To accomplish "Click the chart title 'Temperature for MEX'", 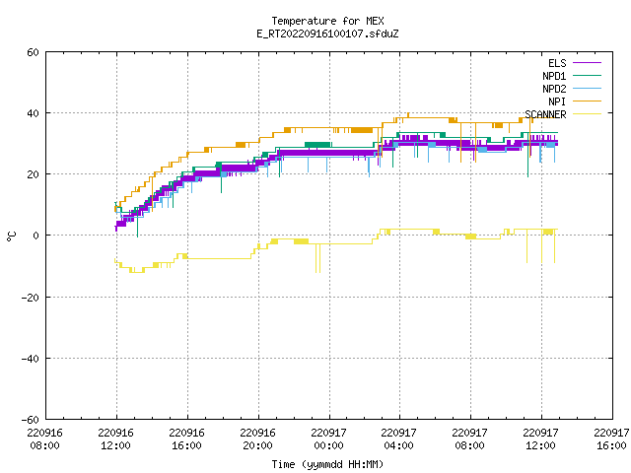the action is point(327,21).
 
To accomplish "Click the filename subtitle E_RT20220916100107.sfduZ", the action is point(327,34).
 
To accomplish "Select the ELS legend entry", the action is point(575,63).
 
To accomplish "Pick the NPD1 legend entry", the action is point(572,76).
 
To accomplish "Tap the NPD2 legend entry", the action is point(572,89).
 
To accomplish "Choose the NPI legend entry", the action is point(575,101).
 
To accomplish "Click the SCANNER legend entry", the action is point(563,114).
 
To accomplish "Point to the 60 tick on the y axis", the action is point(33,52).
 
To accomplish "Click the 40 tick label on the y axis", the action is point(33,113).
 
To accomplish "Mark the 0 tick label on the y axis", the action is point(36,236).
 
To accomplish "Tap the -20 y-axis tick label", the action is point(31,298).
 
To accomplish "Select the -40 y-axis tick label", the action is point(31,359).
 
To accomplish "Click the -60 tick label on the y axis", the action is point(31,420).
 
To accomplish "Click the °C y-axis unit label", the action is point(11,236).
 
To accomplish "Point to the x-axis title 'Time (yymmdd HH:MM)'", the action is point(327,464).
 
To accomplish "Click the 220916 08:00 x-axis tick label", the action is point(44,439).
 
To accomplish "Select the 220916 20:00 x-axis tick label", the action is point(257,439).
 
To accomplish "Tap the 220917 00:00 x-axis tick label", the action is point(328,439).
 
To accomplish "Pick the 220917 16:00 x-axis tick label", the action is point(611,439).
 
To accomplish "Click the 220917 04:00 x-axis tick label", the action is point(398,439).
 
